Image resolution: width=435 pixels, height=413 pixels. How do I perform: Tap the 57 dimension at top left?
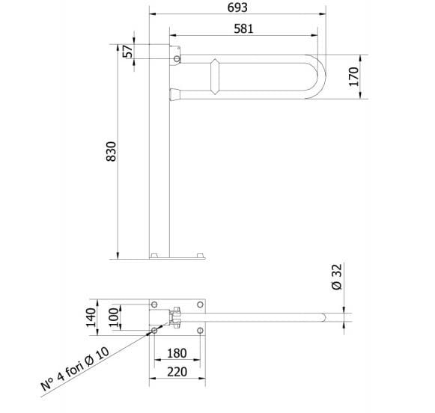[127, 52]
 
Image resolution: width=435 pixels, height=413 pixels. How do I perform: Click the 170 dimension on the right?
[354, 76]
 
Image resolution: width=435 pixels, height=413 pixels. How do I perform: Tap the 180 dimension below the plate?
[177, 352]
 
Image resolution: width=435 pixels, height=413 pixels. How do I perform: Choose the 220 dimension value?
[177, 370]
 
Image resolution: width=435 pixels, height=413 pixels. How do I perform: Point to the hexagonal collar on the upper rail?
[216, 76]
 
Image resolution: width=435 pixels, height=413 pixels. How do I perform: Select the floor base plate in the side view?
[177, 256]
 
